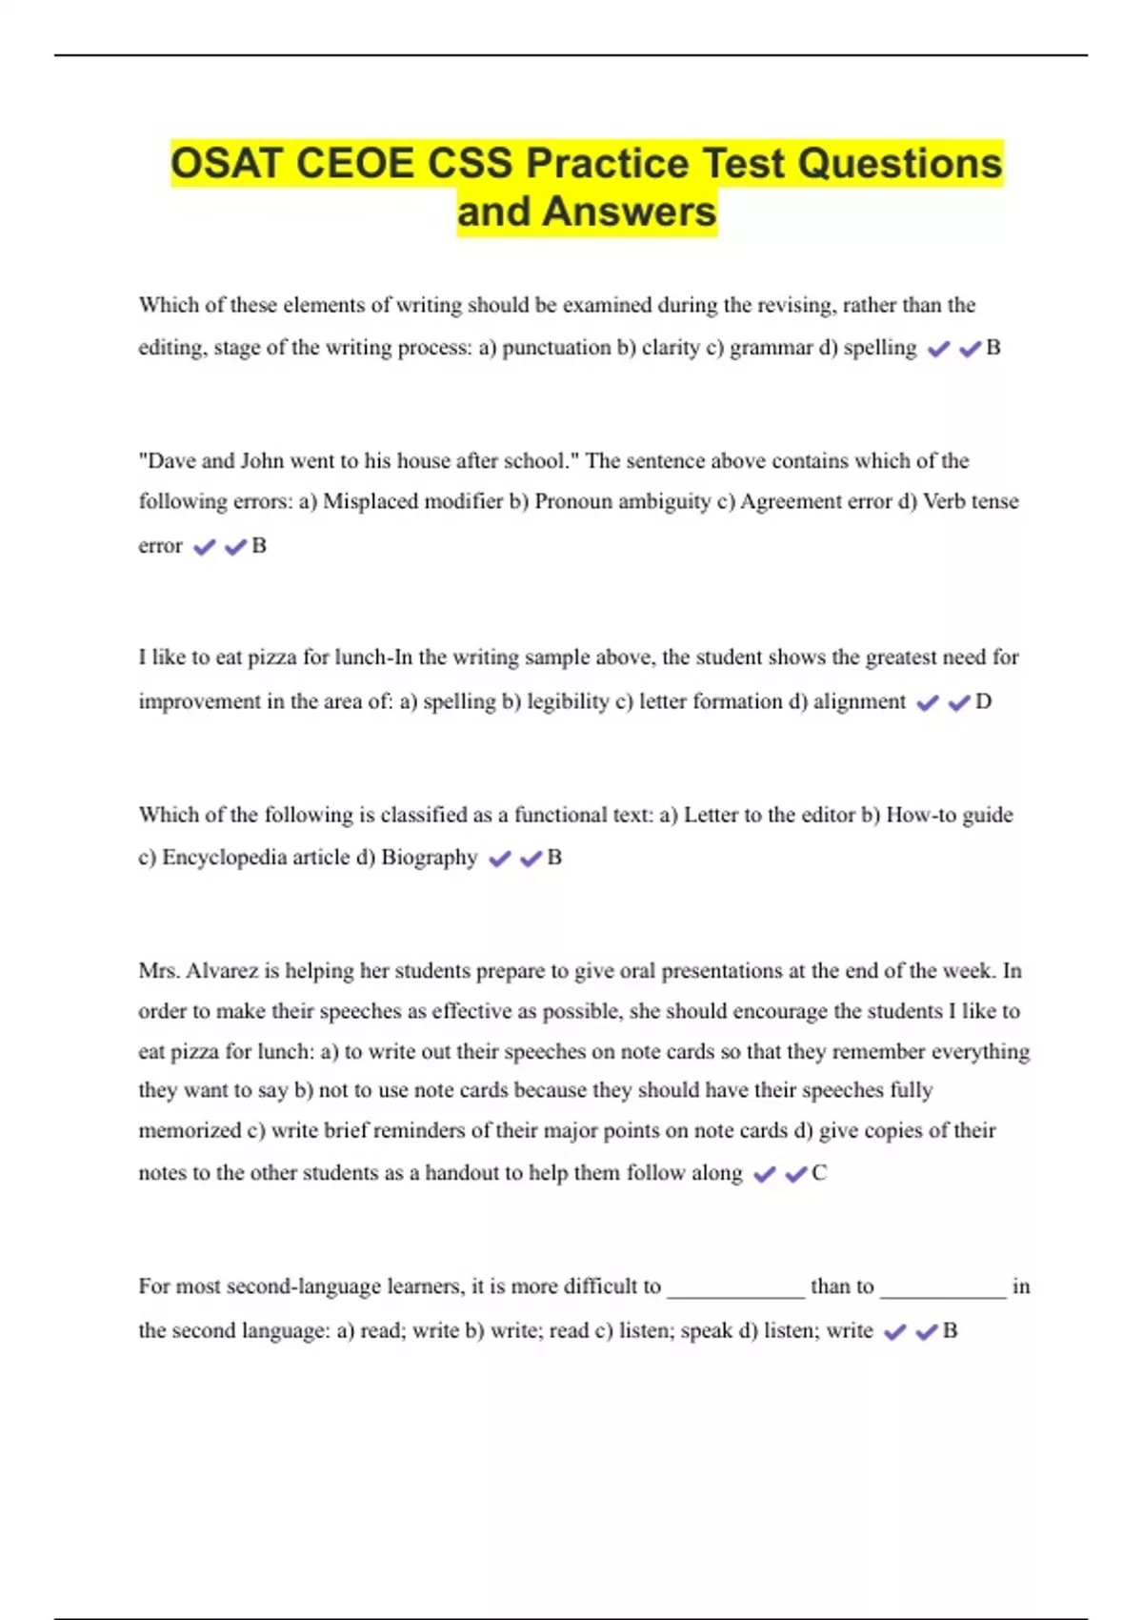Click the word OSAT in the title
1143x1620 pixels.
click(227, 164)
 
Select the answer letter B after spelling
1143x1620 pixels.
click(993, 348)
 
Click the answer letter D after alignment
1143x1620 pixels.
click(984, 702)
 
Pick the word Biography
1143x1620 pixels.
click(429, 858)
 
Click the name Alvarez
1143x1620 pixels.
click(222, 971)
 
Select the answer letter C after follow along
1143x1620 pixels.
click(819, 1173)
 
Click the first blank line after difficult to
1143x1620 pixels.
click(735, 1292)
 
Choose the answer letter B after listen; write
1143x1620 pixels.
click(950, 1331)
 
